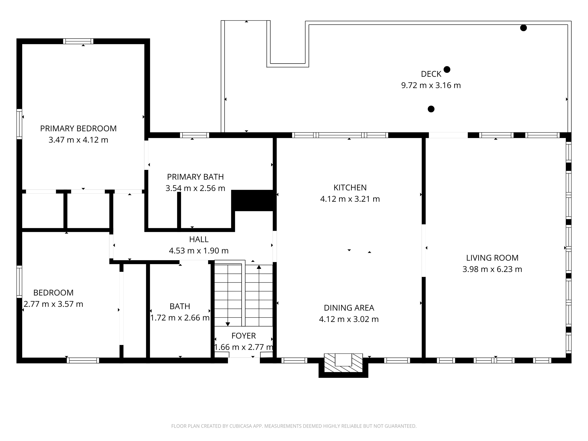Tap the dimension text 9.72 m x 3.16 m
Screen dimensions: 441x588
pyautogui.click(x=431, y=85)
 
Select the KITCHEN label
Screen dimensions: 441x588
pyautogui.click(x=350, y=188)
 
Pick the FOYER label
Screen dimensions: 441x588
pyautogui.click(x=243, y=336)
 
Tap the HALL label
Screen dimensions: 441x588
pyautogui.click(x=199, y=239)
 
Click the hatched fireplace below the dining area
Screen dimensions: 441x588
pyautogui.click(x=343, y=363)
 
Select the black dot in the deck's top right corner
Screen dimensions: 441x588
pyautogui.click(x=523, y=28)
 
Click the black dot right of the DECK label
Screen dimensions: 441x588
pyautogui.click(x=447, y=70)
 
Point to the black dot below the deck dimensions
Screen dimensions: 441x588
pyautogui.click(x=431, y=109)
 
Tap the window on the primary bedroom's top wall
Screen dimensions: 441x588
pyautogui.click(x=78, y=41)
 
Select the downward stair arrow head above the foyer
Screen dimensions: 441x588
pyautogui.click(x=228, y=324)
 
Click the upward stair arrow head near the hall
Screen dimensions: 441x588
pyautogui.click(x=259, y=267)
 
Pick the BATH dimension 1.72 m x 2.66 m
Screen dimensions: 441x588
pyautogui.click(x=180, y=318)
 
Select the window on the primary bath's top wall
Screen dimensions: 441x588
pyautogui.click(x=194, y=135)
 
